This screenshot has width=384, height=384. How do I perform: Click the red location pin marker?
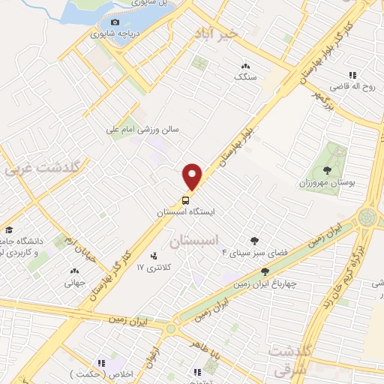193,175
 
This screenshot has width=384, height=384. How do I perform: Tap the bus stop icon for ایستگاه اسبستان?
185,199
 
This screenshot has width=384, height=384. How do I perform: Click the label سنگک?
244,77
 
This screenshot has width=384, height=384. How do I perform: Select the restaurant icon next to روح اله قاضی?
351,74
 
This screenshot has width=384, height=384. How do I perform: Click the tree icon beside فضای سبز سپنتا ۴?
254,241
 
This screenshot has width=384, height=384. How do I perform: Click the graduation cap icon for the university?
10,230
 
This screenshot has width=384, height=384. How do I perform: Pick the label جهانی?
73,283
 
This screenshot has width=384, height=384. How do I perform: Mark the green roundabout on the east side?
367,218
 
